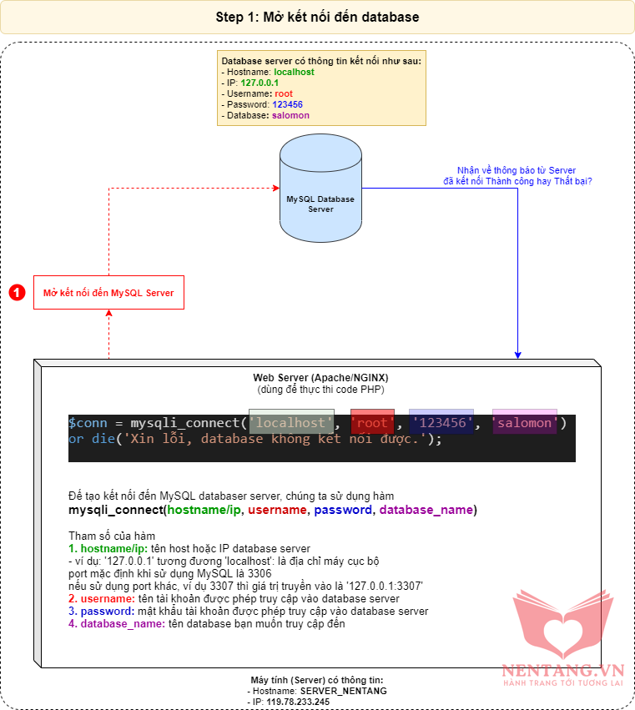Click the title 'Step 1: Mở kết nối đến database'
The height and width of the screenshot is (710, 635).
(x=317, y=17)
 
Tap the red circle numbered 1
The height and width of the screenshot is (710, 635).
(x=17, y=293)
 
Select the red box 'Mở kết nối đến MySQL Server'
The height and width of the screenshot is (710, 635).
(x=108, y=293)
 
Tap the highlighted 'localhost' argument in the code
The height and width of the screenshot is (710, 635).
(x=290, y=423)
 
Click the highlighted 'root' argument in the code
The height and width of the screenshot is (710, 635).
(x=372, y=423)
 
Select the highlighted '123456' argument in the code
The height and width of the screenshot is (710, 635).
(x=441, y=423)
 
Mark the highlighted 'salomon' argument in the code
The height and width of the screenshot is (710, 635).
(x=524, y=423)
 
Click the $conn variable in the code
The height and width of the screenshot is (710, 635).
(x=86, y=423)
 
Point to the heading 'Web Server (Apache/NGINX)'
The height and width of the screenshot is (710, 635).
(x=321, y=378)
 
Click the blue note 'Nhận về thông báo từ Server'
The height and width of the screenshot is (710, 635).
(x=516, y=169)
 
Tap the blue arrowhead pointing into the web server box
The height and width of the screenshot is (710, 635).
(x=518, y=354)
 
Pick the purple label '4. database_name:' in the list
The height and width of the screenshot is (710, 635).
(x=116, y=623)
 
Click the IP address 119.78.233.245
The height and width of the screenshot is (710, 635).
(x=299, y=702)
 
